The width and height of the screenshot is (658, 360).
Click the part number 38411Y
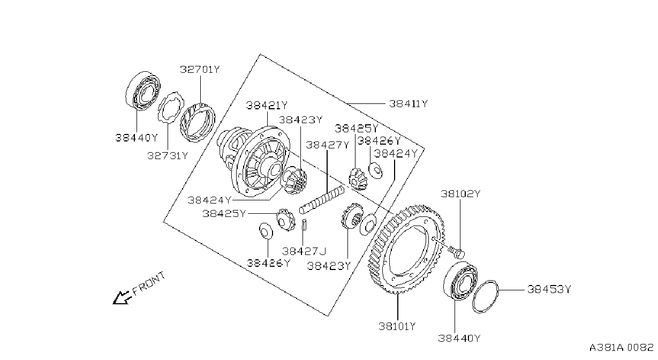click(409, 104)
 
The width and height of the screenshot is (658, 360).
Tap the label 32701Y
click(200, 70)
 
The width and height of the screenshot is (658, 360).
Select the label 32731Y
click(168, 155)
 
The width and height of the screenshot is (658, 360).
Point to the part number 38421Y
click(267, 105)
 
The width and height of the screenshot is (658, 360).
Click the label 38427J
click(304, 251)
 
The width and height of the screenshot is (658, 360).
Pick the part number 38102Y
click(460, 194)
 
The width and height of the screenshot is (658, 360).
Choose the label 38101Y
click(397, 326)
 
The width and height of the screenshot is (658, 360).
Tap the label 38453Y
click(549, 289)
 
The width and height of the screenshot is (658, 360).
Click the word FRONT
click(149, 283)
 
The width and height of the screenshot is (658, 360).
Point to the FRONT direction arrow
click(121, 297)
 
